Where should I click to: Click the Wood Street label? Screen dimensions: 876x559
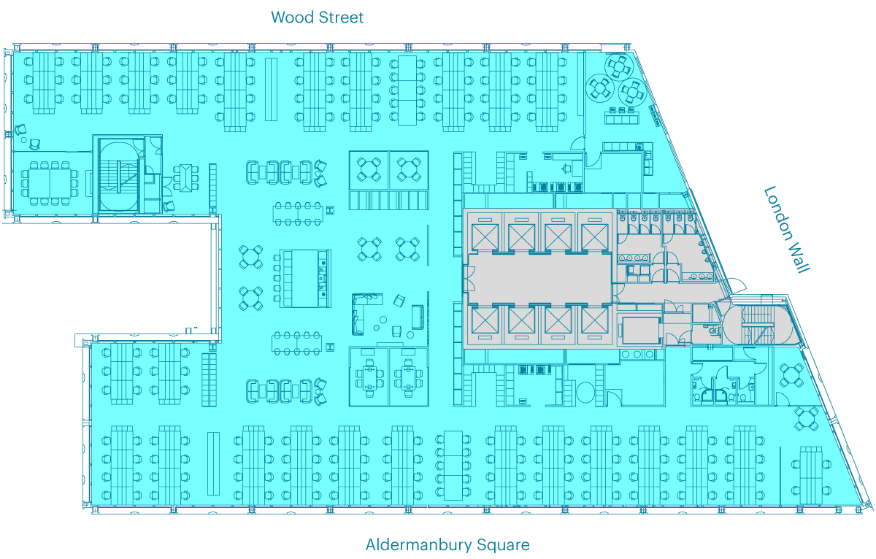pos(317,18)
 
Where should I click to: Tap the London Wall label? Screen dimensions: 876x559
pos(787,230)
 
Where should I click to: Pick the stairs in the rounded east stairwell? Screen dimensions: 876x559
pos(758,324)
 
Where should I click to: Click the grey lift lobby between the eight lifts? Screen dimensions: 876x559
pos(539,278)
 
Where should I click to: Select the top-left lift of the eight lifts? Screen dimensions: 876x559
pos(485,237)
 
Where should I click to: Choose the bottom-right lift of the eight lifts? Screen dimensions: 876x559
pos(595,320)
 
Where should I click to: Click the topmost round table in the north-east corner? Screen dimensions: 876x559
pos(619,67)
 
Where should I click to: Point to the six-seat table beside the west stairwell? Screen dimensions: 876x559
pos(186,178)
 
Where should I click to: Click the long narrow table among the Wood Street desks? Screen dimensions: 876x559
pos(271,90)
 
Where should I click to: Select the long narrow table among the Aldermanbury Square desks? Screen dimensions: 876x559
pos(213,463)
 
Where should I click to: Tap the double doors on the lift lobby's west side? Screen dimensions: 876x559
pos(468,279)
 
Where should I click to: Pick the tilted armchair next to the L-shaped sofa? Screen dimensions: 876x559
pos(399,301)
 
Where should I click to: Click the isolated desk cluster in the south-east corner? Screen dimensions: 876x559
pos(811,475)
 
